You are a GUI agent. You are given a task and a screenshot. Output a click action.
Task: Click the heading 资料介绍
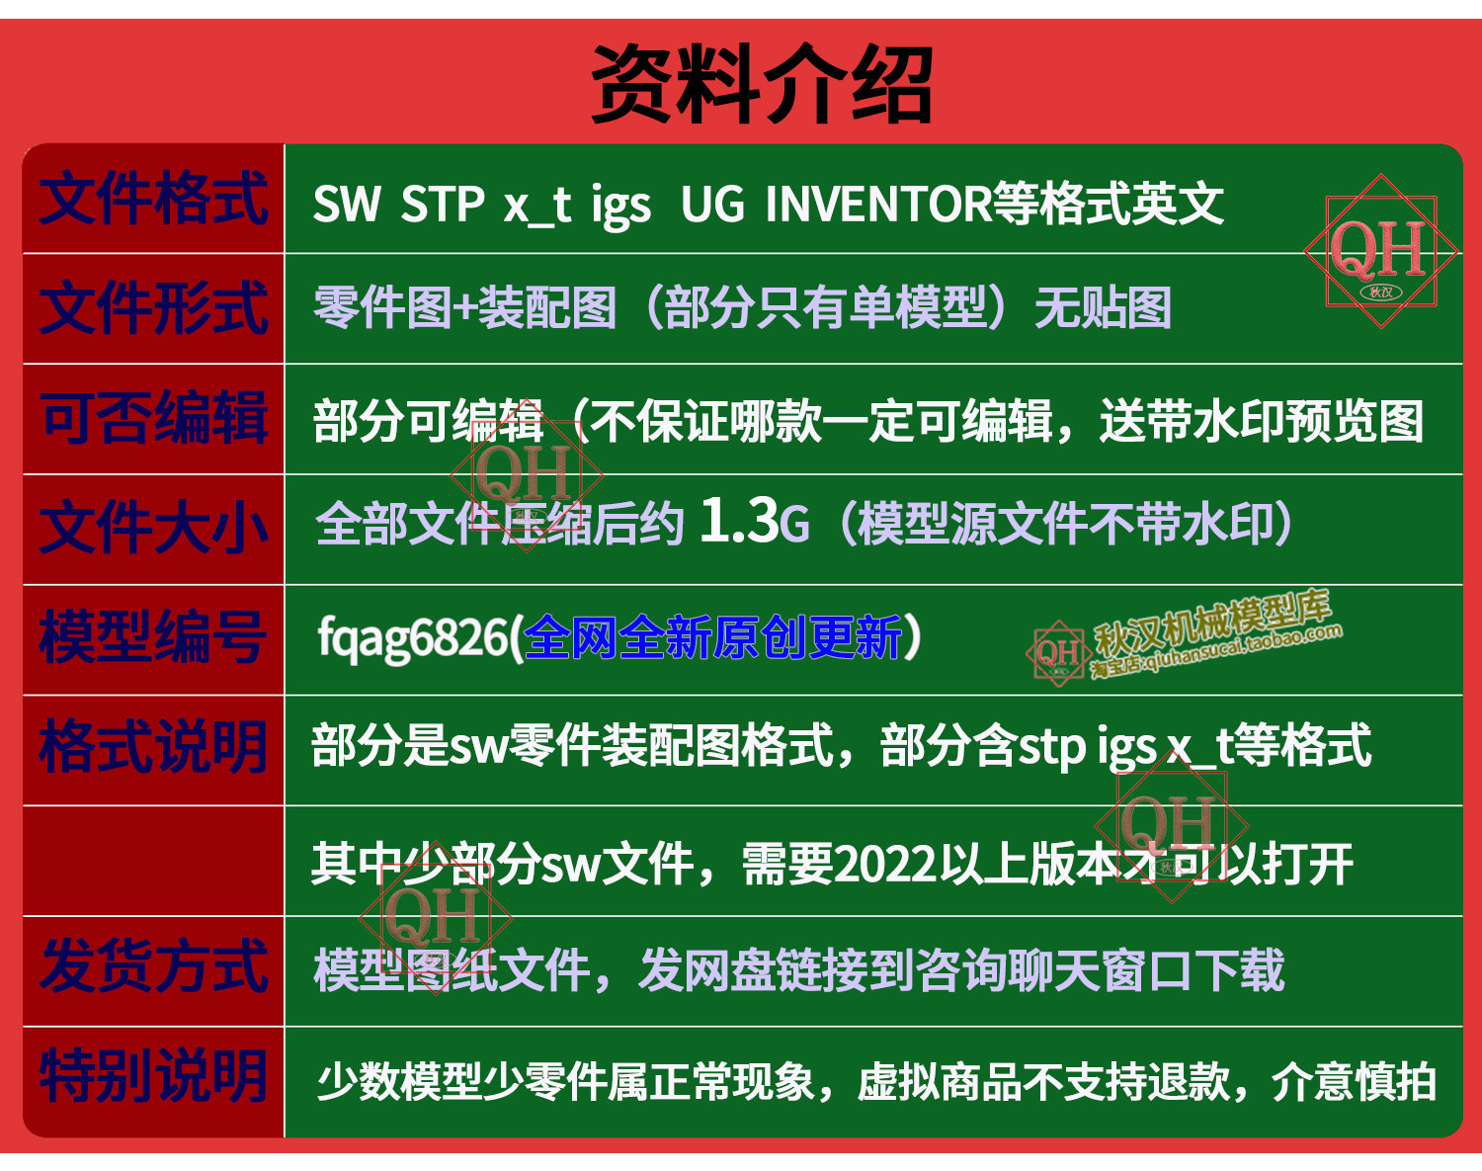point(762,84)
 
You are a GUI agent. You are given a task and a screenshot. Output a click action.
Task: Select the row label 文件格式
point(153,199)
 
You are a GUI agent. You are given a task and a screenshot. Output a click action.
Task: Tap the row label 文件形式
point(153,308)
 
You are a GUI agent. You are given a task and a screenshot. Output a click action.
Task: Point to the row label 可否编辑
point(153,418)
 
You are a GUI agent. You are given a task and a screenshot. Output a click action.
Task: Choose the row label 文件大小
point(153,529)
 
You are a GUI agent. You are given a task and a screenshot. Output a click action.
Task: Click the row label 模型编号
point(152,638)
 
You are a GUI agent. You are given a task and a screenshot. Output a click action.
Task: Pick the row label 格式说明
point(152,748)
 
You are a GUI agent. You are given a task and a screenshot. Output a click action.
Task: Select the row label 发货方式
point(153,967)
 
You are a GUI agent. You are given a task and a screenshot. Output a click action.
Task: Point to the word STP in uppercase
point(443,205)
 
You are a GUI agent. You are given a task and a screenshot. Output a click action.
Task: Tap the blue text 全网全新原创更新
point(712,637)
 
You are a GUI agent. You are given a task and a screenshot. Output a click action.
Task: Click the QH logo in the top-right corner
point(1380,251)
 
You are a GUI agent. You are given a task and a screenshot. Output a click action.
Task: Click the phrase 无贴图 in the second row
point(1103,308)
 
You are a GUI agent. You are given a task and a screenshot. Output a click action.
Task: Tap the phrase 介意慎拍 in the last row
point(1354,1082)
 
